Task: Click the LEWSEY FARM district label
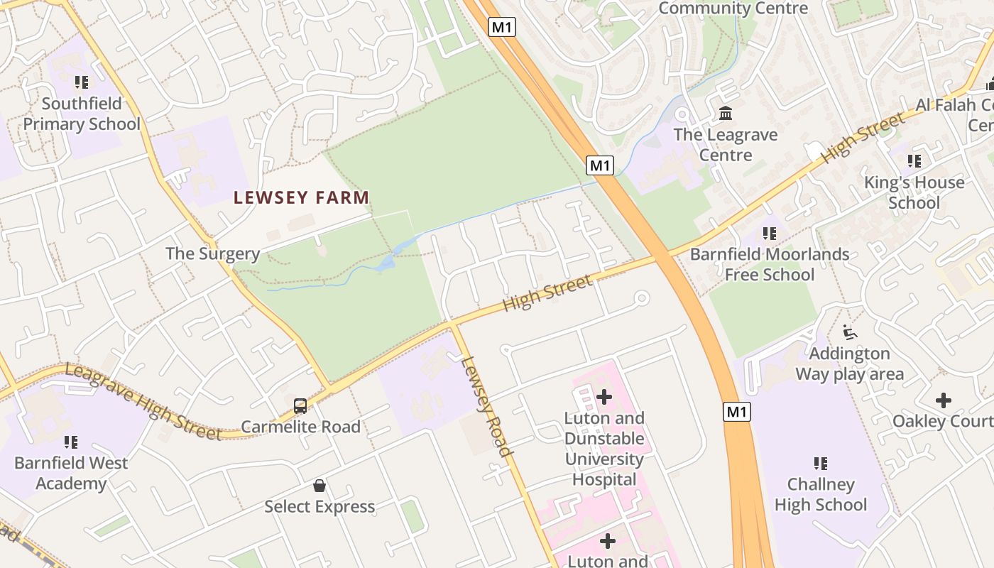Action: click(x=302, y=197)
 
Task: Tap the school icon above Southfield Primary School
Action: click(x=81, y=82)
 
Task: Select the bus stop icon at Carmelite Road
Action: click(x=300, y=406)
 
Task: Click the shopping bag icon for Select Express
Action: click(x=319, y=486)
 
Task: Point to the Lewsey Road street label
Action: click(x=486, y=406)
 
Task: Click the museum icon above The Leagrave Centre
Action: click(x=726, y=114)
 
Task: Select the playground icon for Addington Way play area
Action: click(x=849, y=332)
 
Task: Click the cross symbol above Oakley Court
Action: click(x=943, y=400)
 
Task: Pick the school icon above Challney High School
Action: click(x=821, y=464)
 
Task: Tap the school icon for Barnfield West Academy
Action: click(x=70, y=442)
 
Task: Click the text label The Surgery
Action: click(x=212, y=253)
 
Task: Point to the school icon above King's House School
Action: click(x=914, y=161)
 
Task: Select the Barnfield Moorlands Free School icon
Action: click(x=769, y=233)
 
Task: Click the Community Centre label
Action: click(x=733, y=9)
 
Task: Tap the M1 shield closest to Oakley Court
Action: click(x=738, y=411)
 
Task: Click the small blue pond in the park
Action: click(x=388, y=263)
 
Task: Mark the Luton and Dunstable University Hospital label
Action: click(x=604, y=449)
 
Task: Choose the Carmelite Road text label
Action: click(x=300, y=427)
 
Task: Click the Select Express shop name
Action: click(x=319, y=506)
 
